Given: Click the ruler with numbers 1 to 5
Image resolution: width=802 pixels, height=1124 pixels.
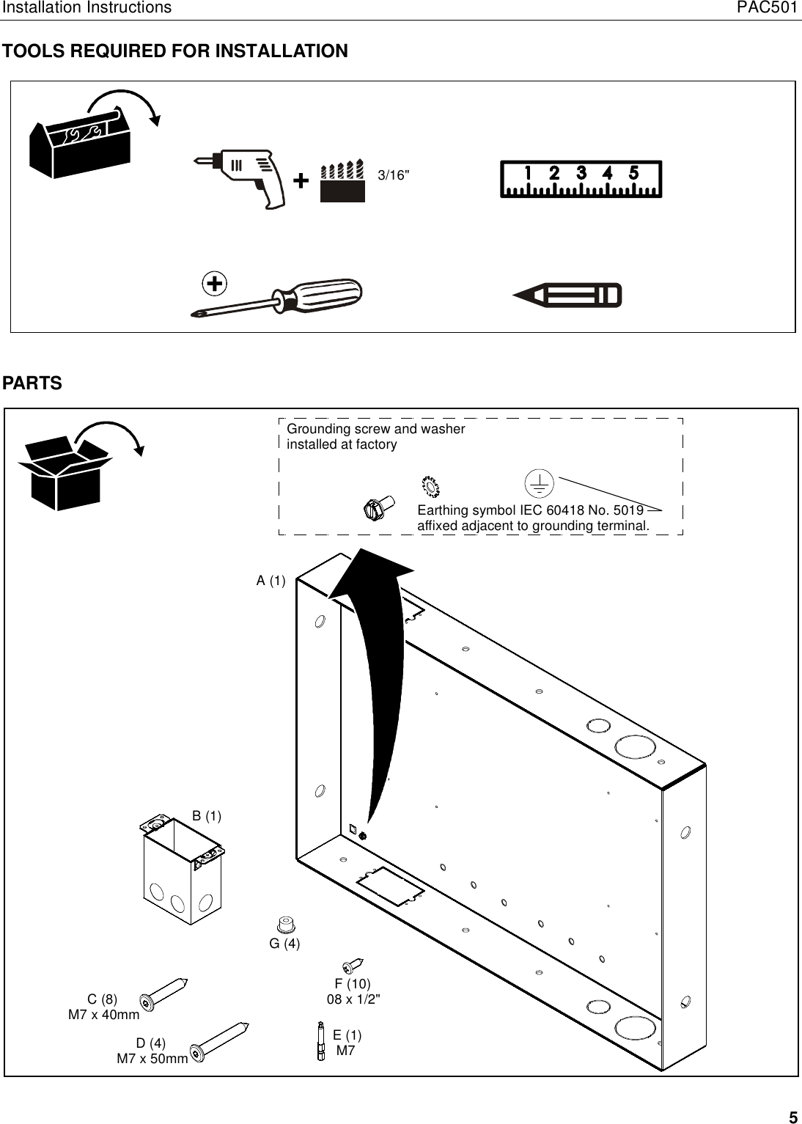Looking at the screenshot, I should coord(581,180).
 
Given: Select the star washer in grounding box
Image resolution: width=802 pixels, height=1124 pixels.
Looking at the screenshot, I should coord(430,485).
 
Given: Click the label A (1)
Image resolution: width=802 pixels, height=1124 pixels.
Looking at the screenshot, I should coord(271,581).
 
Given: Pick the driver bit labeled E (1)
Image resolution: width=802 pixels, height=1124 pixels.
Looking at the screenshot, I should coord(320,1040).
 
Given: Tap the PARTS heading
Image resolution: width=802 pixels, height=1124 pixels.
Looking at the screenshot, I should coord(33,383).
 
